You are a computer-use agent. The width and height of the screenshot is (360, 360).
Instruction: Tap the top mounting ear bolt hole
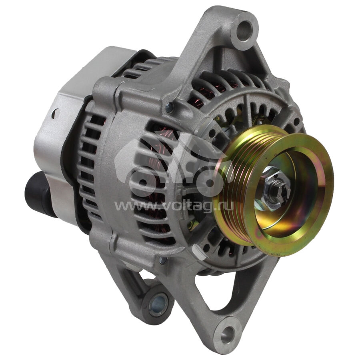tap(244, 30)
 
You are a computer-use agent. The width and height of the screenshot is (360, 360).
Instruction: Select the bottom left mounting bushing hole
tap(158, 305)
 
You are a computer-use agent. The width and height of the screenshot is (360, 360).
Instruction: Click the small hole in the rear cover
tap(55, 114)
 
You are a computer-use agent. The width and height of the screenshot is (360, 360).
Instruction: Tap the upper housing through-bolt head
tap(170, 108)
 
